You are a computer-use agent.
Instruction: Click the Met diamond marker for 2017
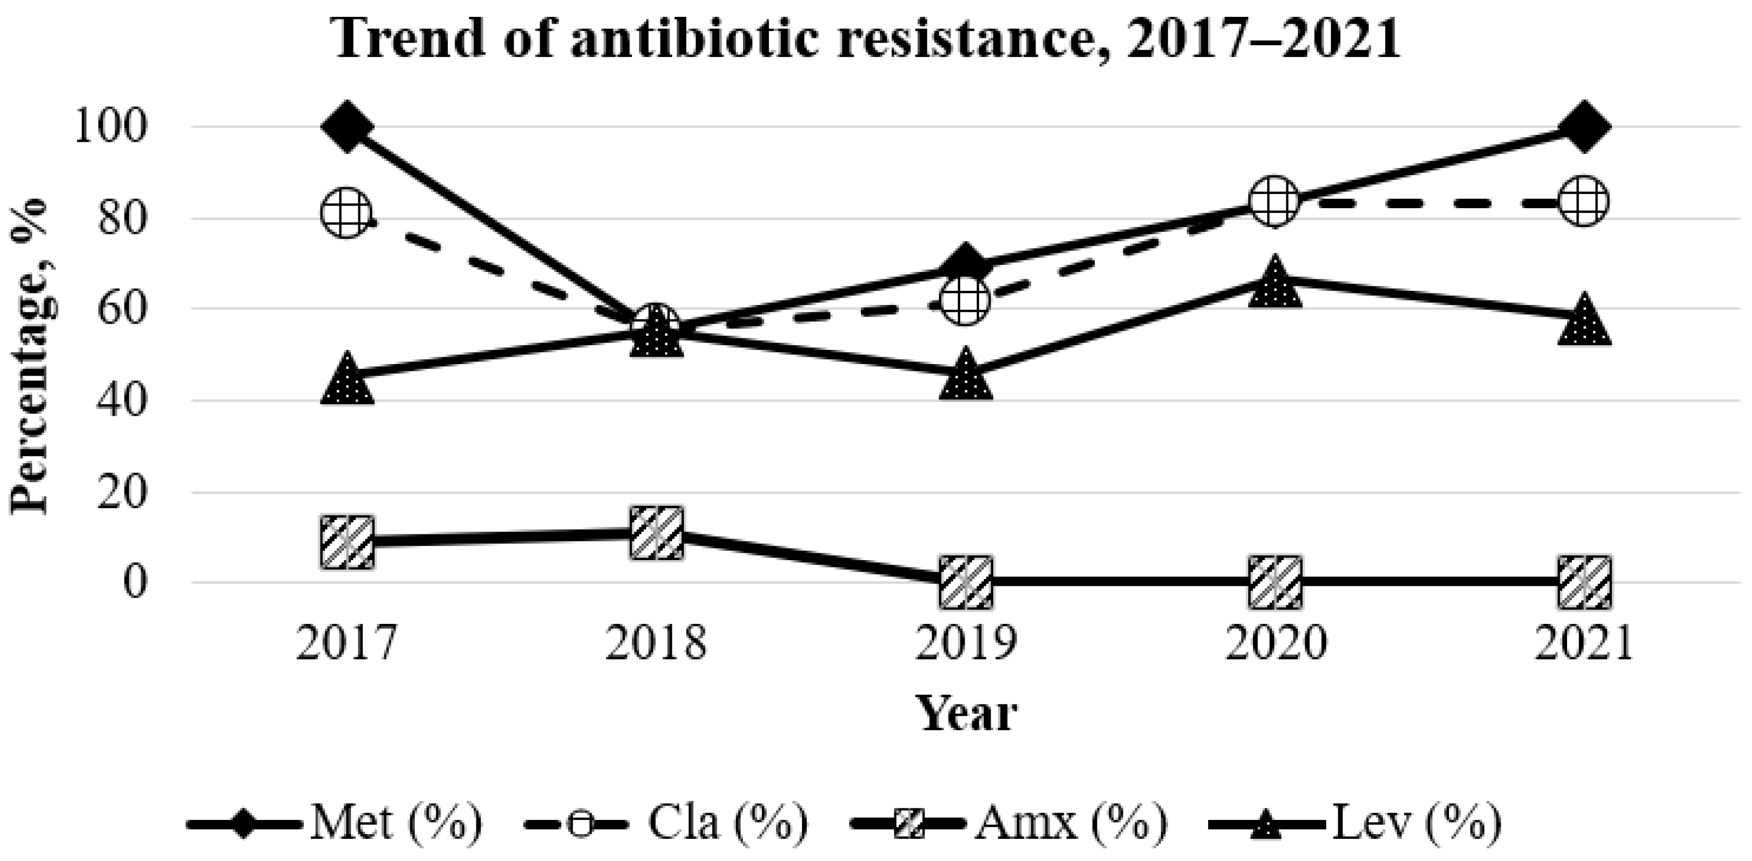pyautogui.click(x=347, y=127)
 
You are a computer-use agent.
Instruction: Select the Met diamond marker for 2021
pyautogui.click(x=1584, y=127)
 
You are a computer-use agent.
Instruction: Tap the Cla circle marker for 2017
pyautogui.click(x=347, y=213)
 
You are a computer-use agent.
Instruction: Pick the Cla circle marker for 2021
pyautogui.click(x=1584, y=202)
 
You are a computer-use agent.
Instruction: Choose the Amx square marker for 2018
pyautogui.click(x=657, y=533)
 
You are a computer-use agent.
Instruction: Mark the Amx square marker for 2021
pyautogui.click(x=1584, y=582)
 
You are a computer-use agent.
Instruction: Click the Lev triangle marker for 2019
pyautogui.click(x=966, y=377)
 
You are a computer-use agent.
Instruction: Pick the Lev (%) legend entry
pyautogui.click(x=1354, y=824)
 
